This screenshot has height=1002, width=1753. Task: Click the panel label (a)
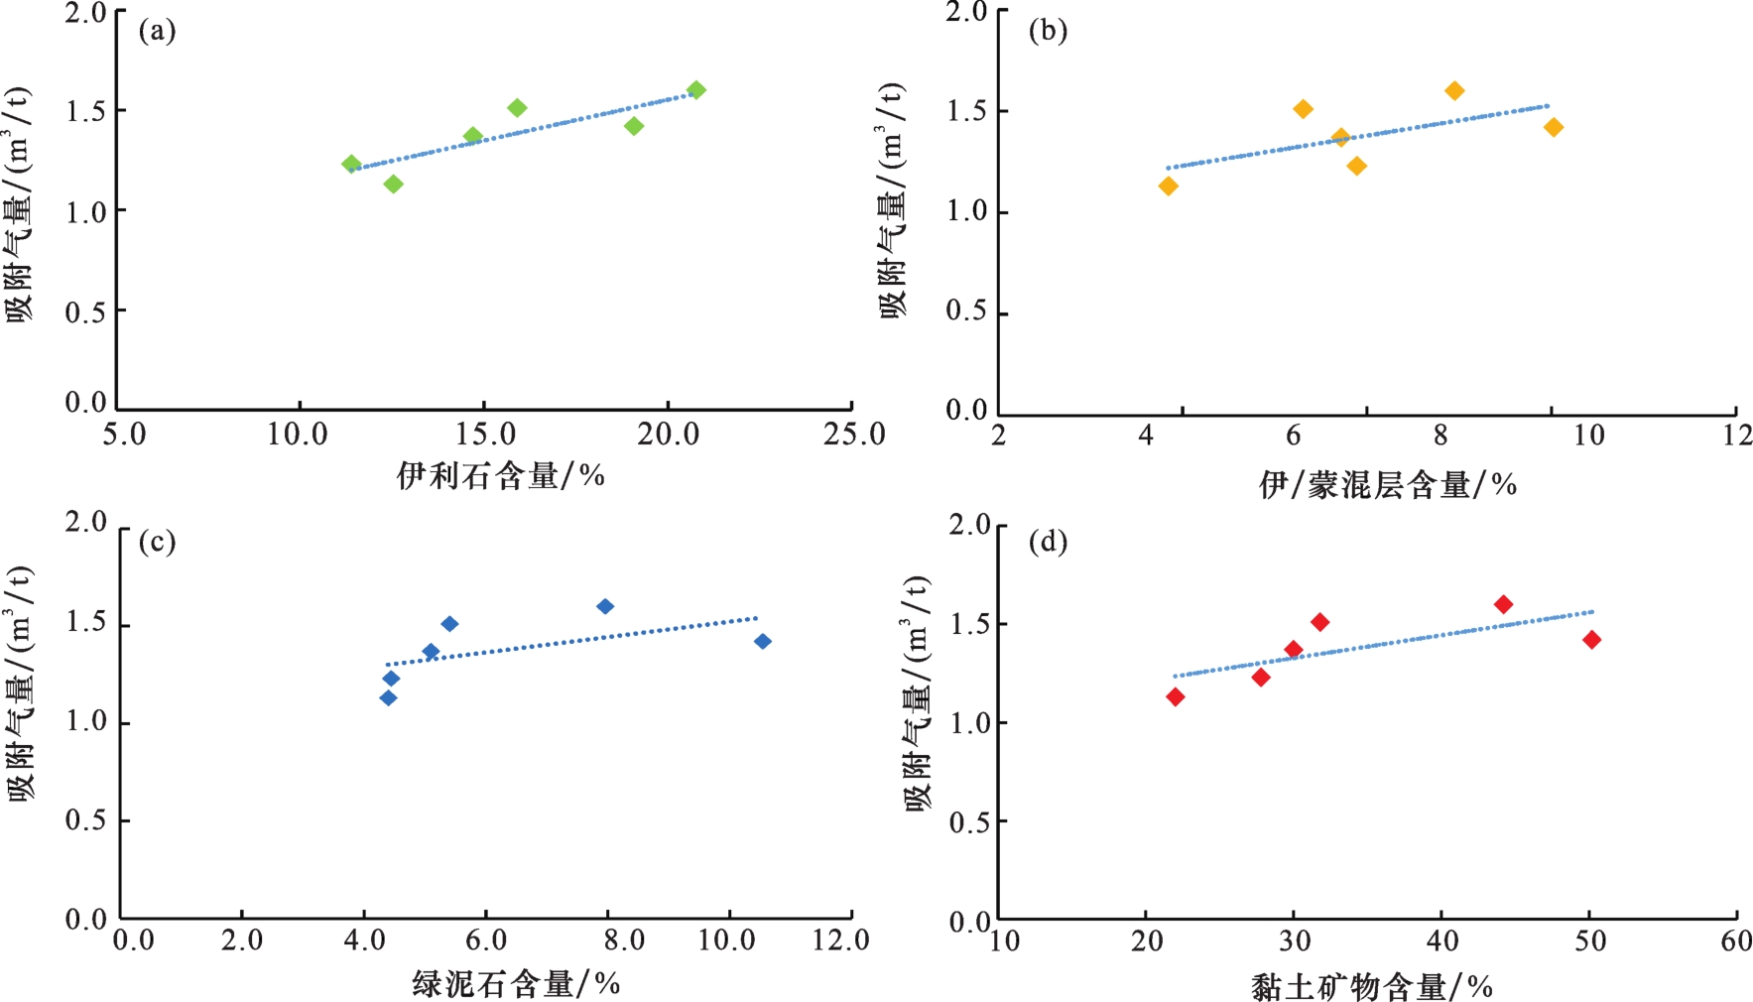click(x=157, y=32)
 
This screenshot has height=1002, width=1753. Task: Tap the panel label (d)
click(x=1048, y=542)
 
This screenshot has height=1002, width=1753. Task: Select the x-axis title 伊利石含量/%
click(x=501, y=476)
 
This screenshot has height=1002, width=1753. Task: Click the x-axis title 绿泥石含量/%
click(x=516, y=984)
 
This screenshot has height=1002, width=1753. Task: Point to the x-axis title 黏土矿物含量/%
click(x=1372, y=987)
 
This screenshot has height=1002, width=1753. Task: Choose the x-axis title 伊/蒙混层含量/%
click(x=1388, y=485)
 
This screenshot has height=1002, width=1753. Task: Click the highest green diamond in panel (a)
click(x=696, y=90)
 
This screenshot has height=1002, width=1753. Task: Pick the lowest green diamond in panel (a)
click(x=393, y=184)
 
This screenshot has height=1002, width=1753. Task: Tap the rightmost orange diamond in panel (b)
click(x=1554, y=127)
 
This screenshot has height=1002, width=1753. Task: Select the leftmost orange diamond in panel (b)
click(x=1169, y=186)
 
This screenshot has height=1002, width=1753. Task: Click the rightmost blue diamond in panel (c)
click(x=763, y=642)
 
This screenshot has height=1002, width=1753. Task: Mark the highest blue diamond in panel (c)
click(x=605, y=606)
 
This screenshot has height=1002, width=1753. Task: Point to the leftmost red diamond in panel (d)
click(x=1176, y=697)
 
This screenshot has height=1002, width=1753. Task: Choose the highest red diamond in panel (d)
click(x=1503, y=604)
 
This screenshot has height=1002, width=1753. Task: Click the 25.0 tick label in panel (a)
click(x=854, y=435)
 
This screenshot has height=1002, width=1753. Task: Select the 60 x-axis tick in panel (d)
click(x=1736, y=940)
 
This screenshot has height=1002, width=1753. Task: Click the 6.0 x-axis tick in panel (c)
click(x=485, y=940)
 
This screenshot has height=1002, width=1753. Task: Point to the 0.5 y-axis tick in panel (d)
click(x=969, y=822)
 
